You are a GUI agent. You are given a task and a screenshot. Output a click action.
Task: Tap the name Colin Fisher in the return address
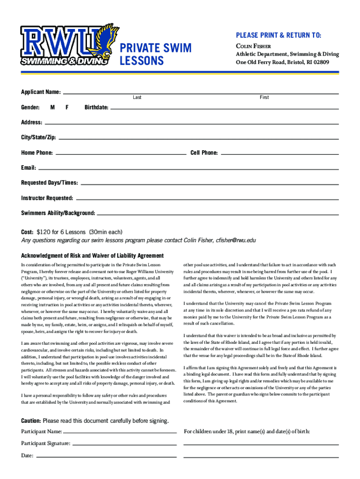click(x=253, y=46)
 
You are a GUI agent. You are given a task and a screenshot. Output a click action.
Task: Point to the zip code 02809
click(x=321, y=62)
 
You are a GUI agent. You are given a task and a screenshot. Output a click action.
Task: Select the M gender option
click(x=53, y=107)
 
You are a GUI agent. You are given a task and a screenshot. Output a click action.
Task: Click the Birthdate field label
click(x=96, y=108)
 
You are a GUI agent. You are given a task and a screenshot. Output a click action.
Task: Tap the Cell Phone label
click(x=204, y=153)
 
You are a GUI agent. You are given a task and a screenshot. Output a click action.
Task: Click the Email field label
click(x=28, y=168)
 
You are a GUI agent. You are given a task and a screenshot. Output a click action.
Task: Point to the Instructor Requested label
click(x=47, y=198)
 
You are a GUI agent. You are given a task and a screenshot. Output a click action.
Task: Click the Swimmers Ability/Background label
click(x=58, y=213)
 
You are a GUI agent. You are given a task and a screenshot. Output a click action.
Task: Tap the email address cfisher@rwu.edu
click(x=236, y=240)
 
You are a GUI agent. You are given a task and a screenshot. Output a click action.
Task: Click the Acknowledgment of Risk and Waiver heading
click(x=93, y=255)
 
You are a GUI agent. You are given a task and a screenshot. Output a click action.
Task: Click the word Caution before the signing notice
click(x=31, y=421)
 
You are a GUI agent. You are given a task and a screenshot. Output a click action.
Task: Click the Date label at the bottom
click(x=27, y=456)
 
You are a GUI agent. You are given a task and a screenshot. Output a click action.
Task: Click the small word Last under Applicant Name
click(x=137, y=97)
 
